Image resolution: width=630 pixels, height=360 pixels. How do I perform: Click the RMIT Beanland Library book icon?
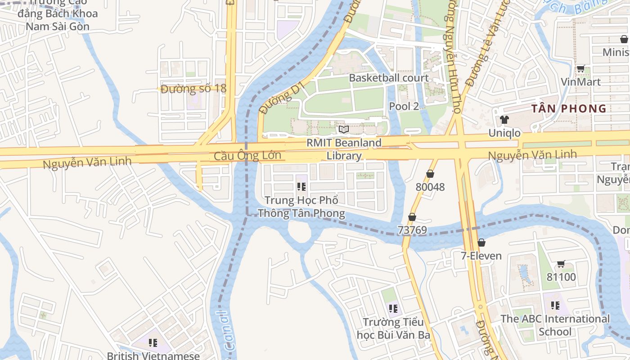[x=344, y=130]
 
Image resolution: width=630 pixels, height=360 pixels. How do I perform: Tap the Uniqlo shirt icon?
[x=504, y=120]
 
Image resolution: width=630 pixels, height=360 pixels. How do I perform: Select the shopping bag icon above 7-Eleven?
[x=481, y=243]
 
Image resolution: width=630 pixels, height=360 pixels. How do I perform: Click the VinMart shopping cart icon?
[x=580, y=69]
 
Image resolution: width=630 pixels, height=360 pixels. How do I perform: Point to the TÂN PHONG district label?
[x=569, y=108]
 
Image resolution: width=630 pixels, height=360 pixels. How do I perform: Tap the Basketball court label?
[x=389, y=78]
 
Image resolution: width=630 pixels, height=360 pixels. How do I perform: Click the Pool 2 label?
[x=404, y=106]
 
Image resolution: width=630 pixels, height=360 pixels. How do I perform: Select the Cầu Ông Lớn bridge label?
[x=247, y=156]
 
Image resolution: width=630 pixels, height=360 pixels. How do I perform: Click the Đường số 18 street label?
[x=193, y=89]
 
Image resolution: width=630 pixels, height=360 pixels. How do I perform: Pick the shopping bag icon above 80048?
[x=430, y=173]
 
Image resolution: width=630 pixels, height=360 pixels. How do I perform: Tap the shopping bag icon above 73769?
[x=412, y=217]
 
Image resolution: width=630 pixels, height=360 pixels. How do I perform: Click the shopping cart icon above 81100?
[x=561, y=264]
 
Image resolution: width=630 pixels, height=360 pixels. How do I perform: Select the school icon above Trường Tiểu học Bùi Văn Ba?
[x=393, y=308]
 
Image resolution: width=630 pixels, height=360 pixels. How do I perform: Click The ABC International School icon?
[x=555, y=305]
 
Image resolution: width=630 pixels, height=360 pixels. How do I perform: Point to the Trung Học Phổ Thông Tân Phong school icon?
[x=301, y=186]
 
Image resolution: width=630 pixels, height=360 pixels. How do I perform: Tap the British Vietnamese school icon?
[x=153, y=343]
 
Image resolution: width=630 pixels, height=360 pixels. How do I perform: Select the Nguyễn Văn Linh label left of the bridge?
[x=87, y=162]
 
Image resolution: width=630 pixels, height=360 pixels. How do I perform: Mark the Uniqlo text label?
[x=504, y=133]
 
